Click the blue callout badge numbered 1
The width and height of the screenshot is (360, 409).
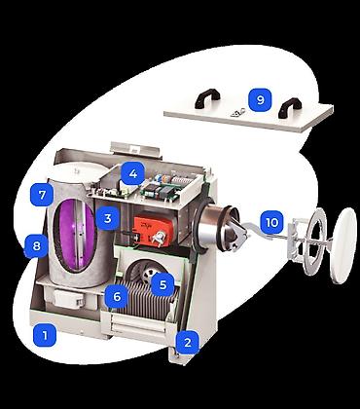(45, 335)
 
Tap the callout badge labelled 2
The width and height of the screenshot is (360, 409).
(188, 342)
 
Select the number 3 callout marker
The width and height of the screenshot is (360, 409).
(108, 218)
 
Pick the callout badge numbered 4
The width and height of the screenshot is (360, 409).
(132, 173)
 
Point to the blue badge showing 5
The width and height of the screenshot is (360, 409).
(162, 284)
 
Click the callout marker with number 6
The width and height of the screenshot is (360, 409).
(117, 296)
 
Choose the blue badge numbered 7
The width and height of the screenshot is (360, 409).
(42, 195)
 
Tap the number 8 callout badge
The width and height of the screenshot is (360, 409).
(36, 245)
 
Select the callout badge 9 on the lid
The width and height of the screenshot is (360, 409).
(260, 100)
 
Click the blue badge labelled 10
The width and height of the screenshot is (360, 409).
(271, 223)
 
